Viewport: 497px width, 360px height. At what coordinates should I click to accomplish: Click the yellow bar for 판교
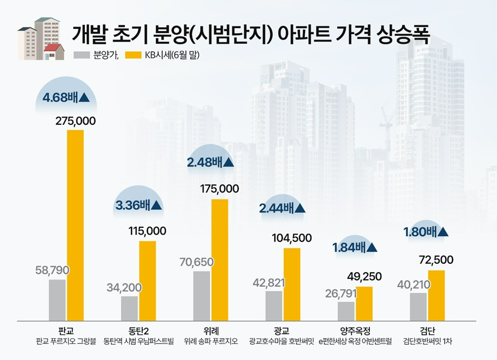(75, 225)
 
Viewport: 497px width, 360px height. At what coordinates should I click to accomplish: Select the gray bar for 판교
(57, 299)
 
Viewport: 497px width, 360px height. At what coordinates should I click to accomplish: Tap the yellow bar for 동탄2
(147, 280)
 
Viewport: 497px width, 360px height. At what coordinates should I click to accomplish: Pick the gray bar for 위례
(201, 295)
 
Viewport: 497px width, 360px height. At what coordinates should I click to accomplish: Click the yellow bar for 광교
(291, 283)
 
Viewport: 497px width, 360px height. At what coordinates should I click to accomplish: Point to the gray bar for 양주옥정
(346, 310)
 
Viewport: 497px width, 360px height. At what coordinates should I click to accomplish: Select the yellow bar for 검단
(436, 295)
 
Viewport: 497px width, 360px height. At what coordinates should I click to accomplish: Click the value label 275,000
(75, 121)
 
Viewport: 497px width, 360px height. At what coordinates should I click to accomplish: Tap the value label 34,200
(124, 287)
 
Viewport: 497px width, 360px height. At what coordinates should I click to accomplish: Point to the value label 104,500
(291, 238)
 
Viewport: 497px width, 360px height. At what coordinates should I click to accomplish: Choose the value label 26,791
(340, 293)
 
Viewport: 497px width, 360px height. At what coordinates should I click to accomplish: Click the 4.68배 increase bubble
(66, 97)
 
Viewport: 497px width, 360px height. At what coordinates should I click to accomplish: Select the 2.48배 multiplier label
(210, 163)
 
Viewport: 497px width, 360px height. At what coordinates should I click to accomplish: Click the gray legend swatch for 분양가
(82, 55)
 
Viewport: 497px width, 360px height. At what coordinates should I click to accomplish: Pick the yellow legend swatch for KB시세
(133, 55)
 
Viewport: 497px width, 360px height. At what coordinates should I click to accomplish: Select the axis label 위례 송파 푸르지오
(211, 341)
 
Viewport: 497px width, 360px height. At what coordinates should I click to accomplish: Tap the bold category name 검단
(427, 330)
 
